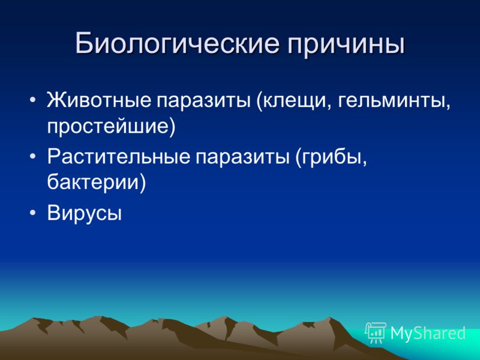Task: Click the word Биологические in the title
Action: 177,43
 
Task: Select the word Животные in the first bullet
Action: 98,101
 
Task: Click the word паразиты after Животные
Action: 204,102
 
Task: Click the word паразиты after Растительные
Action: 243,158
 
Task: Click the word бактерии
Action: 93,182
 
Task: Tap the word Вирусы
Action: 84,213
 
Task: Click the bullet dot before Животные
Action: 33,100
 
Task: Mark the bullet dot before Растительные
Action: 33,156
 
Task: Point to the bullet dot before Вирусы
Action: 33,212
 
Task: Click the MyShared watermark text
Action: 428,333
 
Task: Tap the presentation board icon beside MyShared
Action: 376,332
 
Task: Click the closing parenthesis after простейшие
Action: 172,127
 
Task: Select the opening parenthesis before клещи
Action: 260,101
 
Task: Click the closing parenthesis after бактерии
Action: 142,183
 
